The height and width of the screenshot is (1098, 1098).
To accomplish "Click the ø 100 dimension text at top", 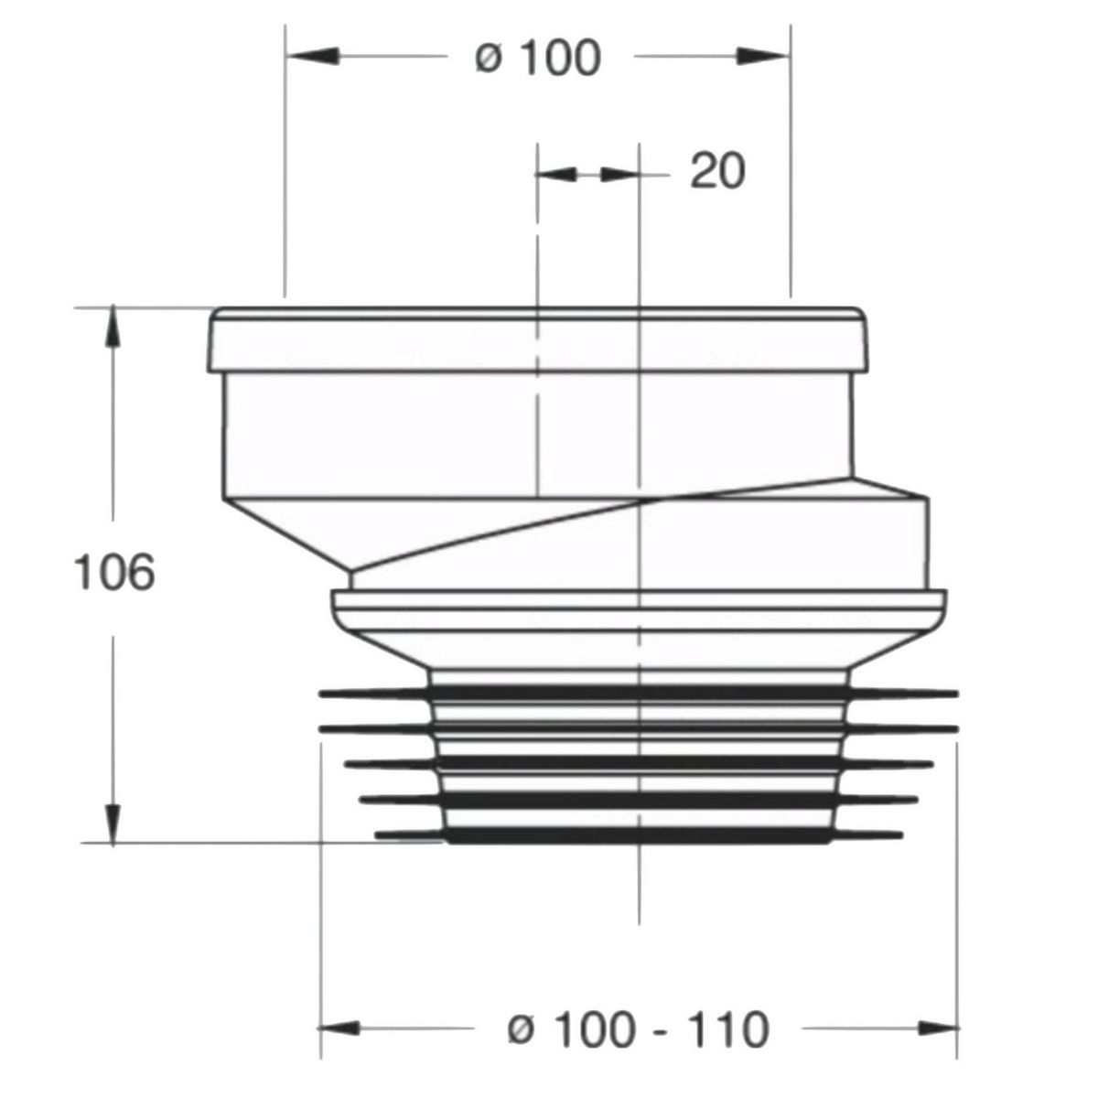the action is tap(538, 57).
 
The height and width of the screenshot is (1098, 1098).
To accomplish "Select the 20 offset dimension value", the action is tap(717, 171).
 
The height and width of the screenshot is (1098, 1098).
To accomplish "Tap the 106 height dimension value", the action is tap(114, 572).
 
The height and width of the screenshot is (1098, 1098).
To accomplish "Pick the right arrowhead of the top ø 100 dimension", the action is tap(763, 57).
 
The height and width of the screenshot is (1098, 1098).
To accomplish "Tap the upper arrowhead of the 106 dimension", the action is tap(113, 327).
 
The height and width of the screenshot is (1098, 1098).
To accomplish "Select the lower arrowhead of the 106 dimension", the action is tap(113, 823).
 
